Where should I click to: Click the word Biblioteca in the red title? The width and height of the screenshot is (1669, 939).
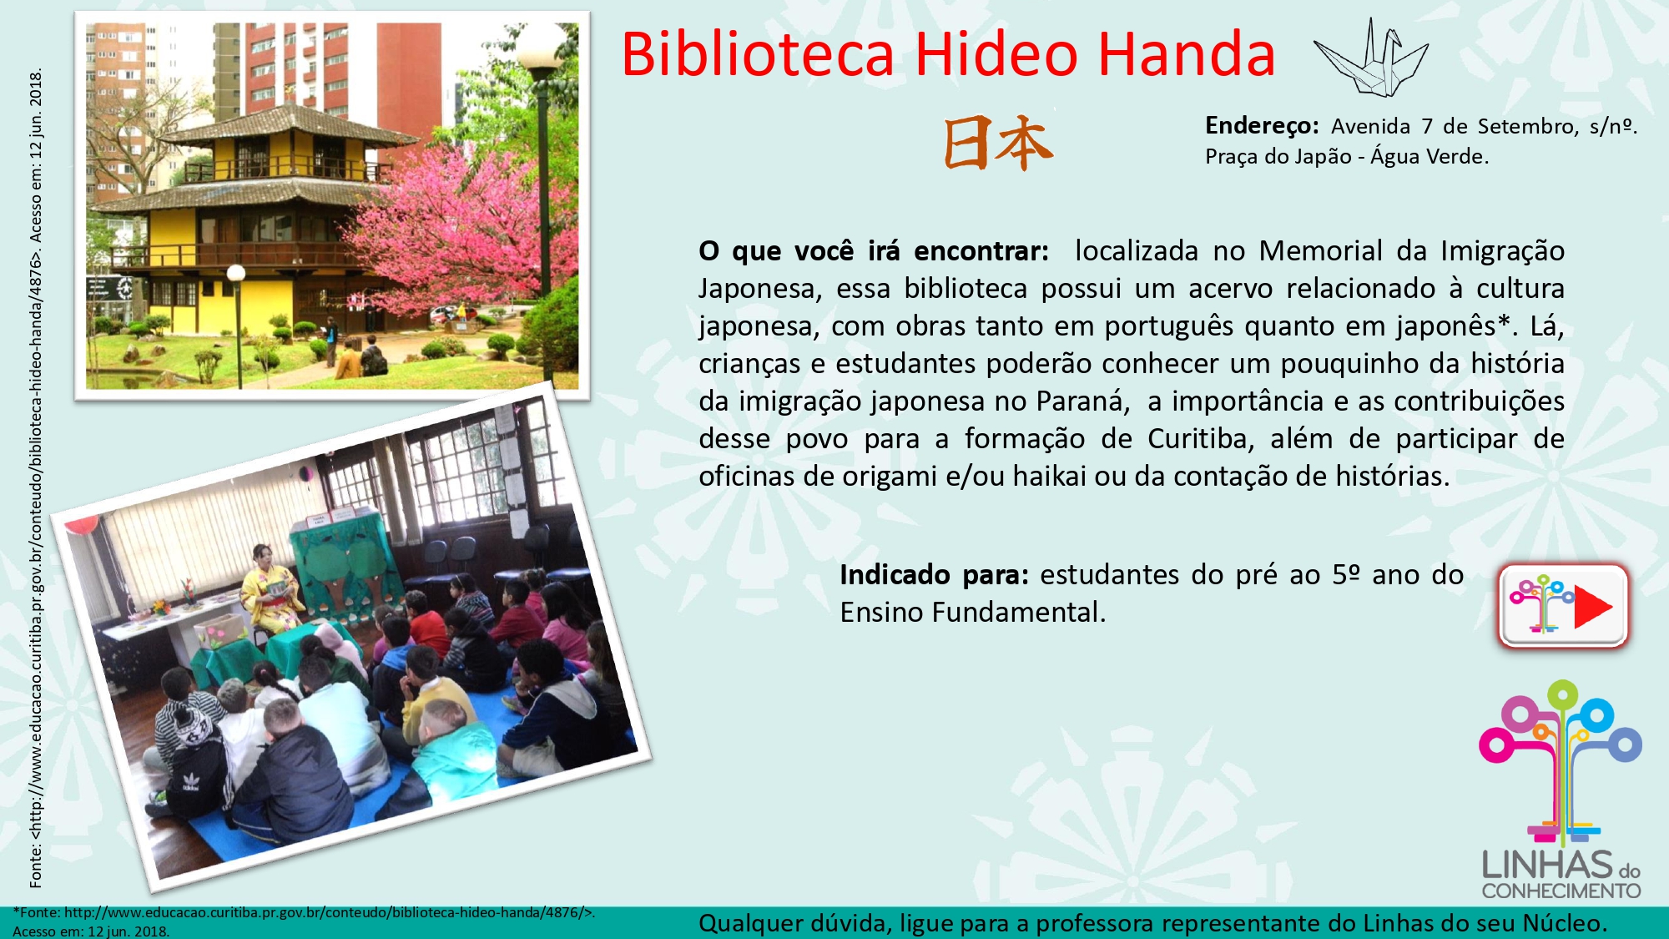tap(758, 54)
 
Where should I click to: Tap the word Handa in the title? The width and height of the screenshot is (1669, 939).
tap(1186, 54)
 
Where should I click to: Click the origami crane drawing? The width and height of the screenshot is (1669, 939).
tap(1371, 57)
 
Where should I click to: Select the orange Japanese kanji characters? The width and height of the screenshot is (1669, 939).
tap(998, 144)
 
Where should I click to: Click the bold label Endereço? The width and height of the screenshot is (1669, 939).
tap(1262, 126)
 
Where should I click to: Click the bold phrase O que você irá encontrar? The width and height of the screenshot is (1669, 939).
tap(874, 250)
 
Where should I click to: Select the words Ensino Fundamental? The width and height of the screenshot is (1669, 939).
tap(972, 613)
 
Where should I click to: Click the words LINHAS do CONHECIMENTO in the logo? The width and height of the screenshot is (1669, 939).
tap(1561, 875)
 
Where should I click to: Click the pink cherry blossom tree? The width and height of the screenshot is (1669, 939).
tap(467, 234)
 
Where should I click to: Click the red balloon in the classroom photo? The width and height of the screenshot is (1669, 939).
tap(83, 525)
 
